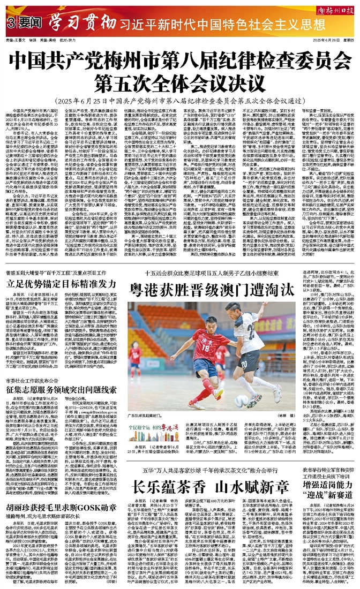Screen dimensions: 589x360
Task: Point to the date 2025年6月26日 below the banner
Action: tap(320, 40)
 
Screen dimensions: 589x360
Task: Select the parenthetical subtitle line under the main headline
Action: tap(179, 87)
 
